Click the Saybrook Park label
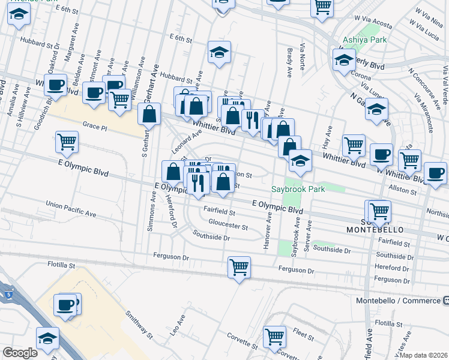pyautogui.click(x=298, y=189)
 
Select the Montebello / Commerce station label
pyautogui.click(x=407, y=301)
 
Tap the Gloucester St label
pyautogui.click(x=228, y=227)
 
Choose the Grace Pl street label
pyautogui.click(x=94, y=127)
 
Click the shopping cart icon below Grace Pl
pyautogui.click(x=67, y=142)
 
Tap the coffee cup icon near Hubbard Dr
pyautogui.click(x=56, y=85)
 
